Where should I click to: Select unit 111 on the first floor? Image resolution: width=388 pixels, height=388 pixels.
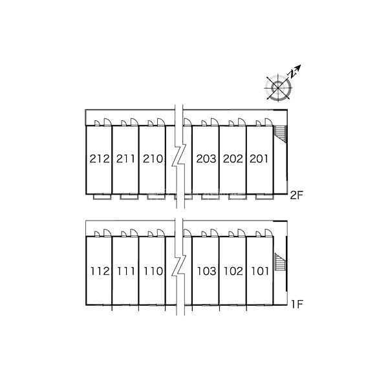coord(125,271)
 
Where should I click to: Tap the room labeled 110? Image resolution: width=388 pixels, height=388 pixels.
coord(152,271)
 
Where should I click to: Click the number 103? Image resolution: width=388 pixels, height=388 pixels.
coord(206,271)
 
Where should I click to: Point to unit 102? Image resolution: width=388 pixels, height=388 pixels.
coord(232,271)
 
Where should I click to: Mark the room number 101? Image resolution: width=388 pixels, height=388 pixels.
coord(259,271)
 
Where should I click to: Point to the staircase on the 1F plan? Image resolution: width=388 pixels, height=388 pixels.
coord(279,264)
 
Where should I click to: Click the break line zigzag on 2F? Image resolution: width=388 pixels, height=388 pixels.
coord(179,158)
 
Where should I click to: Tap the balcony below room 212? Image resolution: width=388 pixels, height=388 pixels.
coord(99,196)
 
